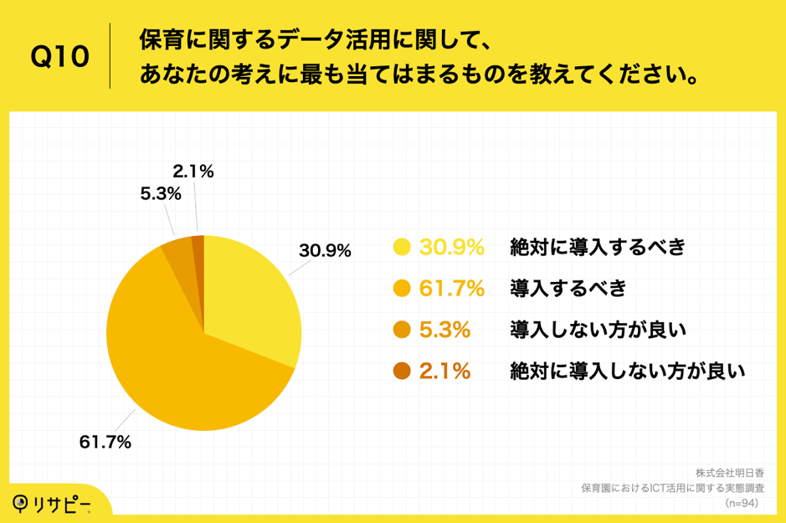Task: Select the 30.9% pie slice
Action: [251, 293]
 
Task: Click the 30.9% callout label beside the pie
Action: [325, 250]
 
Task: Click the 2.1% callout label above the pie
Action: [193, 172]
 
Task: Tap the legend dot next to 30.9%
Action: [401, 248]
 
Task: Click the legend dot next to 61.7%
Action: [401, 289]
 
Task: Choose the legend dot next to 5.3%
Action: [401, 331]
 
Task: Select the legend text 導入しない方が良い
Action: [598, 331]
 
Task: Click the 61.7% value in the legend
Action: [451, 289]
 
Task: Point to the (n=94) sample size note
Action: [742, 503]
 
